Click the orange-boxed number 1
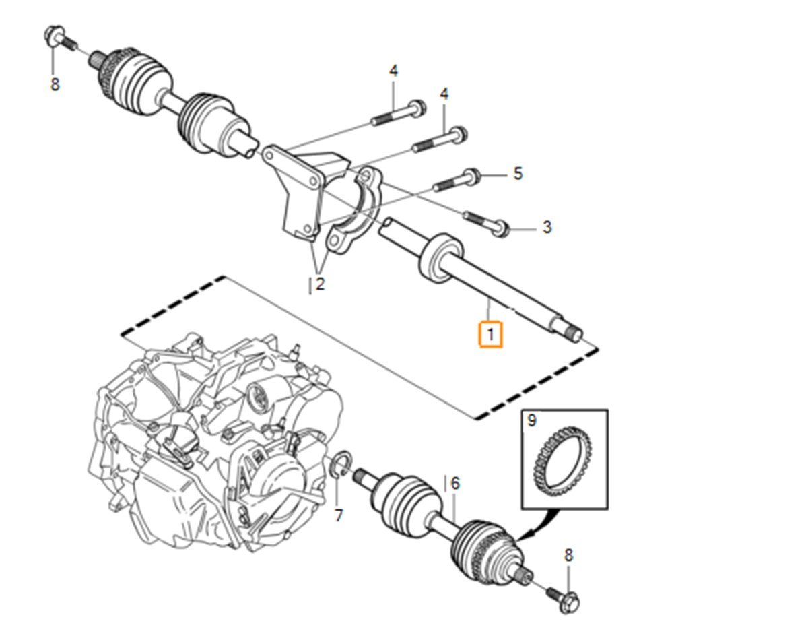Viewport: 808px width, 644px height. point(490,334)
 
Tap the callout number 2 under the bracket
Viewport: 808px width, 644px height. point(320,284)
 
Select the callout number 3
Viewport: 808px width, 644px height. point(547,228)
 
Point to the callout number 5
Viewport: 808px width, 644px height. point(518,174)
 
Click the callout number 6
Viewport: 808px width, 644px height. point(455,484)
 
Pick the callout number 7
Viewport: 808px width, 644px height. point(339,516)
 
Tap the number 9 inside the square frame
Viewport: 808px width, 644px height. point(533,422)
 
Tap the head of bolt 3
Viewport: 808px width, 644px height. point(499,229)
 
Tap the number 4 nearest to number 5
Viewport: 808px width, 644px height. point(444,94)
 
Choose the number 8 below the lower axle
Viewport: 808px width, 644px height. point(568,556)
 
